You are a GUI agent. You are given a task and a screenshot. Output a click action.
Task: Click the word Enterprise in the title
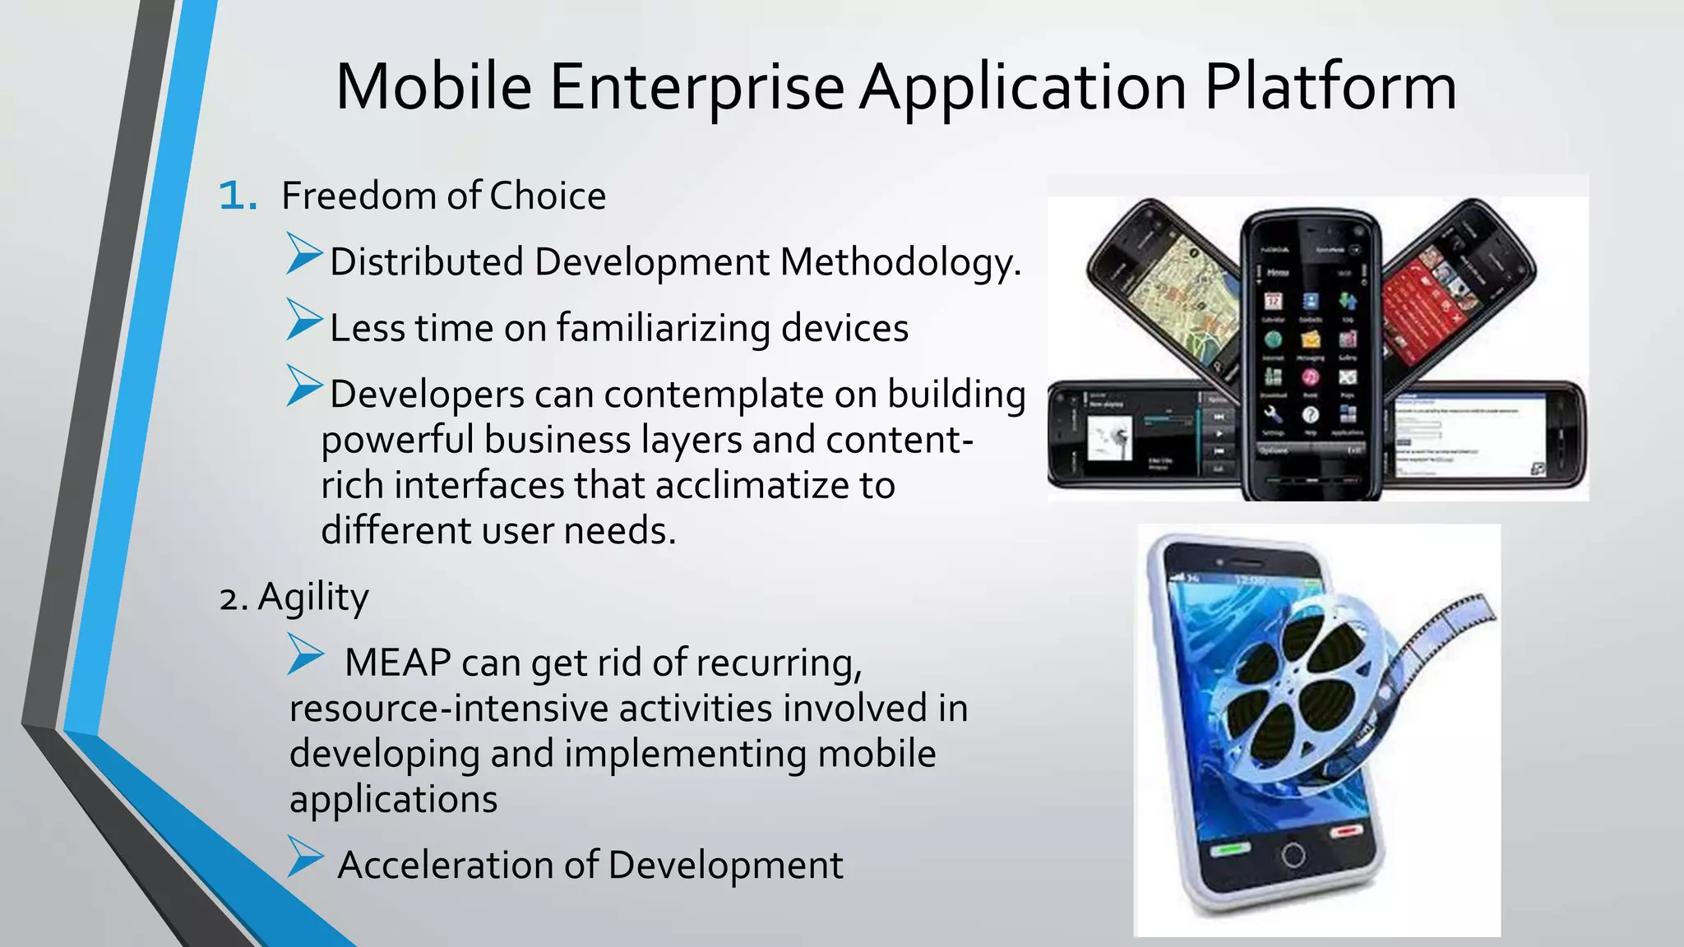[696, 87]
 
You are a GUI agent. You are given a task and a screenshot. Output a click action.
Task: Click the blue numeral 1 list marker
[237, 196]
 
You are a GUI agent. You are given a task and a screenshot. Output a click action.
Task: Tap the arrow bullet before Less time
[303, 320]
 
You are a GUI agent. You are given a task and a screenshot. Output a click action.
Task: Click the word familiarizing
[663, 329]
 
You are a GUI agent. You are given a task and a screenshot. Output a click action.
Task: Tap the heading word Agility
[312, 598]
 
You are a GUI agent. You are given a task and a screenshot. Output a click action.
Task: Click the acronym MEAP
[398, 663]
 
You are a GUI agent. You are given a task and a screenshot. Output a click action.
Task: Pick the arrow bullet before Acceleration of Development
[305, 857]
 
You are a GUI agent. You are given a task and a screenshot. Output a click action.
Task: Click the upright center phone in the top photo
[1310, 353]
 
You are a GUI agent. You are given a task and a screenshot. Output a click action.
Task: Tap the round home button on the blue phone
[1293, 855]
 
